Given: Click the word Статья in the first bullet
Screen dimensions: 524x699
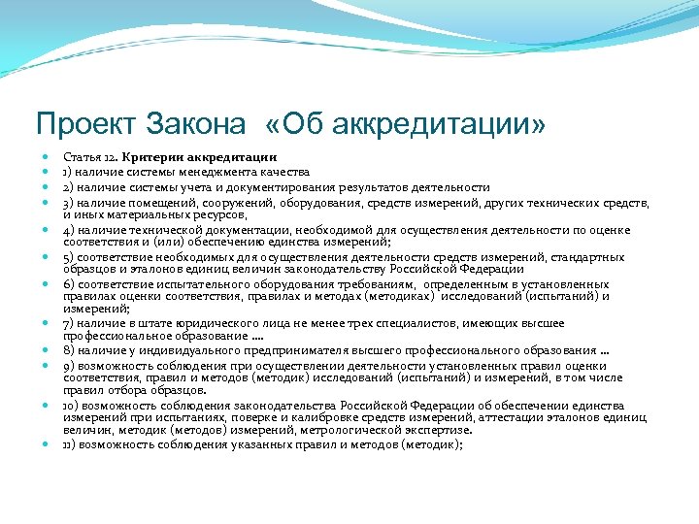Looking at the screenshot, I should tap(81, 156).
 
